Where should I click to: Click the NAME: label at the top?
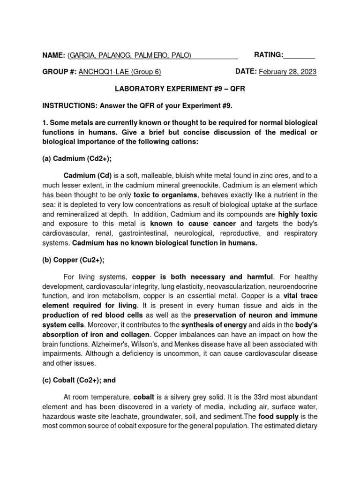[x=53, y=55]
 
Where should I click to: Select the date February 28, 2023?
[x=287, y=72]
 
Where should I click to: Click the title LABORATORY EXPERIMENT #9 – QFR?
[x=180, y=88]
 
